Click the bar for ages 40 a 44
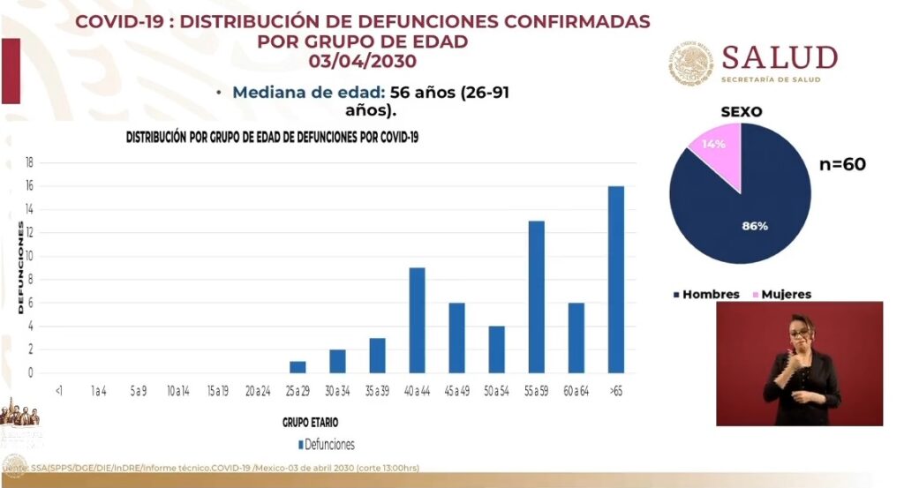pos(417,319)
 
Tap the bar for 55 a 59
pos(536,297)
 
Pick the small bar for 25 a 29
pos(298,367)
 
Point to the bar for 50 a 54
pos(496,349)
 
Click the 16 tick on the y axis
pos(29,186)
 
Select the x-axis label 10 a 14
pos(177,390)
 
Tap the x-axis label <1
pos(57,390)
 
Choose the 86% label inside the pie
pos(755,226)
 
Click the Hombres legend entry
pos(706,294)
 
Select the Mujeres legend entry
pos(780,294)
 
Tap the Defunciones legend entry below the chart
pos(327,445)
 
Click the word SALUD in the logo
pos(780,58)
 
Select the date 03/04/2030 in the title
pos(362,61)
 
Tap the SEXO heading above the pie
pos(741,112)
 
